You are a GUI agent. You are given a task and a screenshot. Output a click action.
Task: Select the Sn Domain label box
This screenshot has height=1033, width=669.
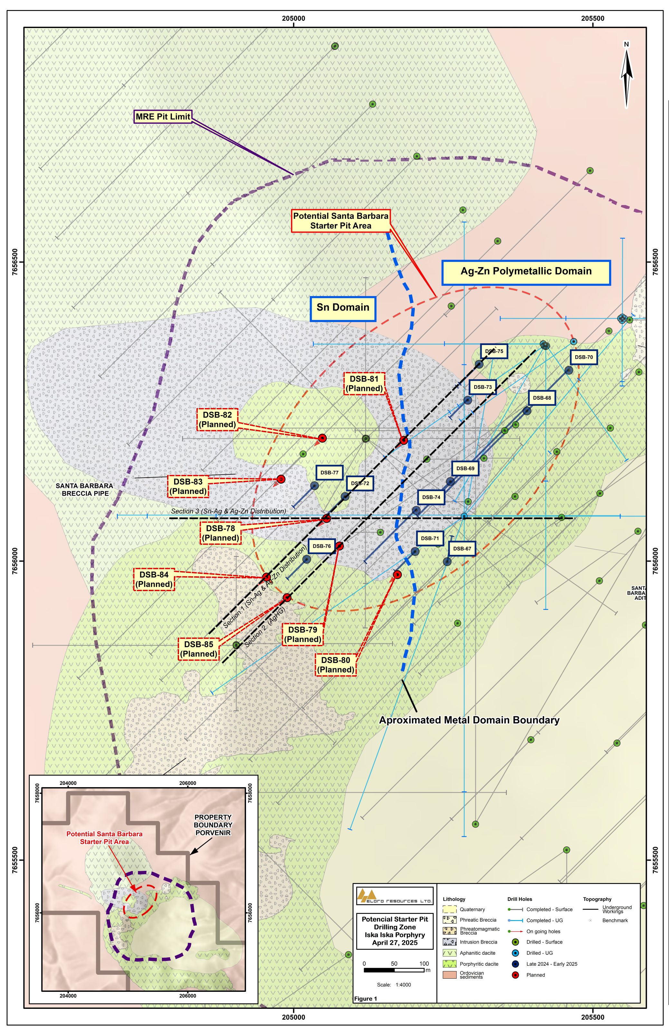[343, 307]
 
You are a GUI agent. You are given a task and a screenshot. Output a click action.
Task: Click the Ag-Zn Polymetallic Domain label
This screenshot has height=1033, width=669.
[526, 271]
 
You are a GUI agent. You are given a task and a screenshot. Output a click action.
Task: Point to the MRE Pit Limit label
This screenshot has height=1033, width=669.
[163, 116]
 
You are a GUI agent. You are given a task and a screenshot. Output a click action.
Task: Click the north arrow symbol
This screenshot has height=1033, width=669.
[626, 76]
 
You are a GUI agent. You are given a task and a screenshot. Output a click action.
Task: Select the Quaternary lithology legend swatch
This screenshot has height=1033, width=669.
[449, 909]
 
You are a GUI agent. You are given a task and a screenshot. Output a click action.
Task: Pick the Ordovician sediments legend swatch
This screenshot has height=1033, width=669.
[449, 975]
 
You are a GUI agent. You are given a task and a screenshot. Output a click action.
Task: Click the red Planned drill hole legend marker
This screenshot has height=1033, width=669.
[515, 975]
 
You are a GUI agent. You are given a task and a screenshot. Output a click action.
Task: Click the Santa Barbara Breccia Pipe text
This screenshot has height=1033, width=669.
[84, 489]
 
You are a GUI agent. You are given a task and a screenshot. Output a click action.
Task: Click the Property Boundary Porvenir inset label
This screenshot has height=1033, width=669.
[213, 825]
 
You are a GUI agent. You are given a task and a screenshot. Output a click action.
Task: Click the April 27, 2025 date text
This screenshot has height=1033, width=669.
[394, 943]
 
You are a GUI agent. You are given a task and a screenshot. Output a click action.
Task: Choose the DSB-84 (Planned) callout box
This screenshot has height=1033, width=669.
[154, 579]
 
